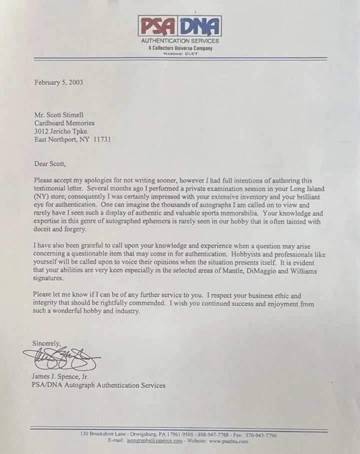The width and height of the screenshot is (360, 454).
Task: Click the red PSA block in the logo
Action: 158,26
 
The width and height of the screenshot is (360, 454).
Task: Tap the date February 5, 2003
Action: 58,82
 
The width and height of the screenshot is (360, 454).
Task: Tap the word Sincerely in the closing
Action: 46,343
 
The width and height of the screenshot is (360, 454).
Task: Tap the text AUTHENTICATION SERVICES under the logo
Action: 179,41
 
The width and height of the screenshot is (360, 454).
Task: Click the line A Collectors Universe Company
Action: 180,48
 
